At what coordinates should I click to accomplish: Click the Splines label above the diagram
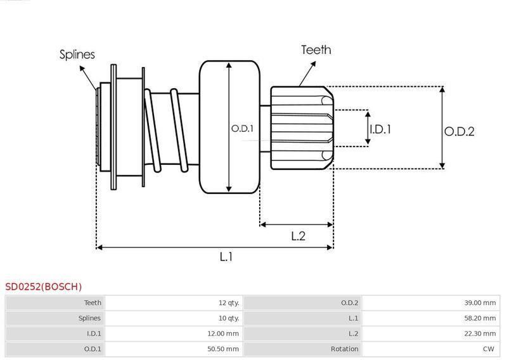coord(77,55)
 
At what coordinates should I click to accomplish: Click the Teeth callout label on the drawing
coord(316,50)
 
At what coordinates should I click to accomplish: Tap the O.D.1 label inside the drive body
coord(242,129)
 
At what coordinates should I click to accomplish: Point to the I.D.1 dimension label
coord(380,129)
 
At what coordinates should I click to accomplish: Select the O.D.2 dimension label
coord(459,132)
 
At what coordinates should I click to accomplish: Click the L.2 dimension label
coord(298,236)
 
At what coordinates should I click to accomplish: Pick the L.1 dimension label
coord(226,257)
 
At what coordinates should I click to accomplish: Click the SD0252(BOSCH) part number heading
coord(43,286)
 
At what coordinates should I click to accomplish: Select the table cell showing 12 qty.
coord(229,303)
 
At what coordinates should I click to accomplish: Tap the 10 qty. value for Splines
coord(229,318)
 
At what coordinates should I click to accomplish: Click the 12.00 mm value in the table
coord(223,333)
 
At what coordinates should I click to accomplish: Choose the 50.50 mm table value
coord(223,349)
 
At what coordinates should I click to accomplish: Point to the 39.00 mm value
coord(480,303)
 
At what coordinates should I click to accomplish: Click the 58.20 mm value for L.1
coord(480,318)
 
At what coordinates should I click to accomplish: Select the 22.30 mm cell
coord(480,333)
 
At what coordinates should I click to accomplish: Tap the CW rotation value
coord(489,349)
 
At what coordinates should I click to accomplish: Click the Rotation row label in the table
coord(344,349)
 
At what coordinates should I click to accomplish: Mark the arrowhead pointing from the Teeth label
coord(313,64)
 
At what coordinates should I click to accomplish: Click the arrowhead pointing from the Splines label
coord(82,68)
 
